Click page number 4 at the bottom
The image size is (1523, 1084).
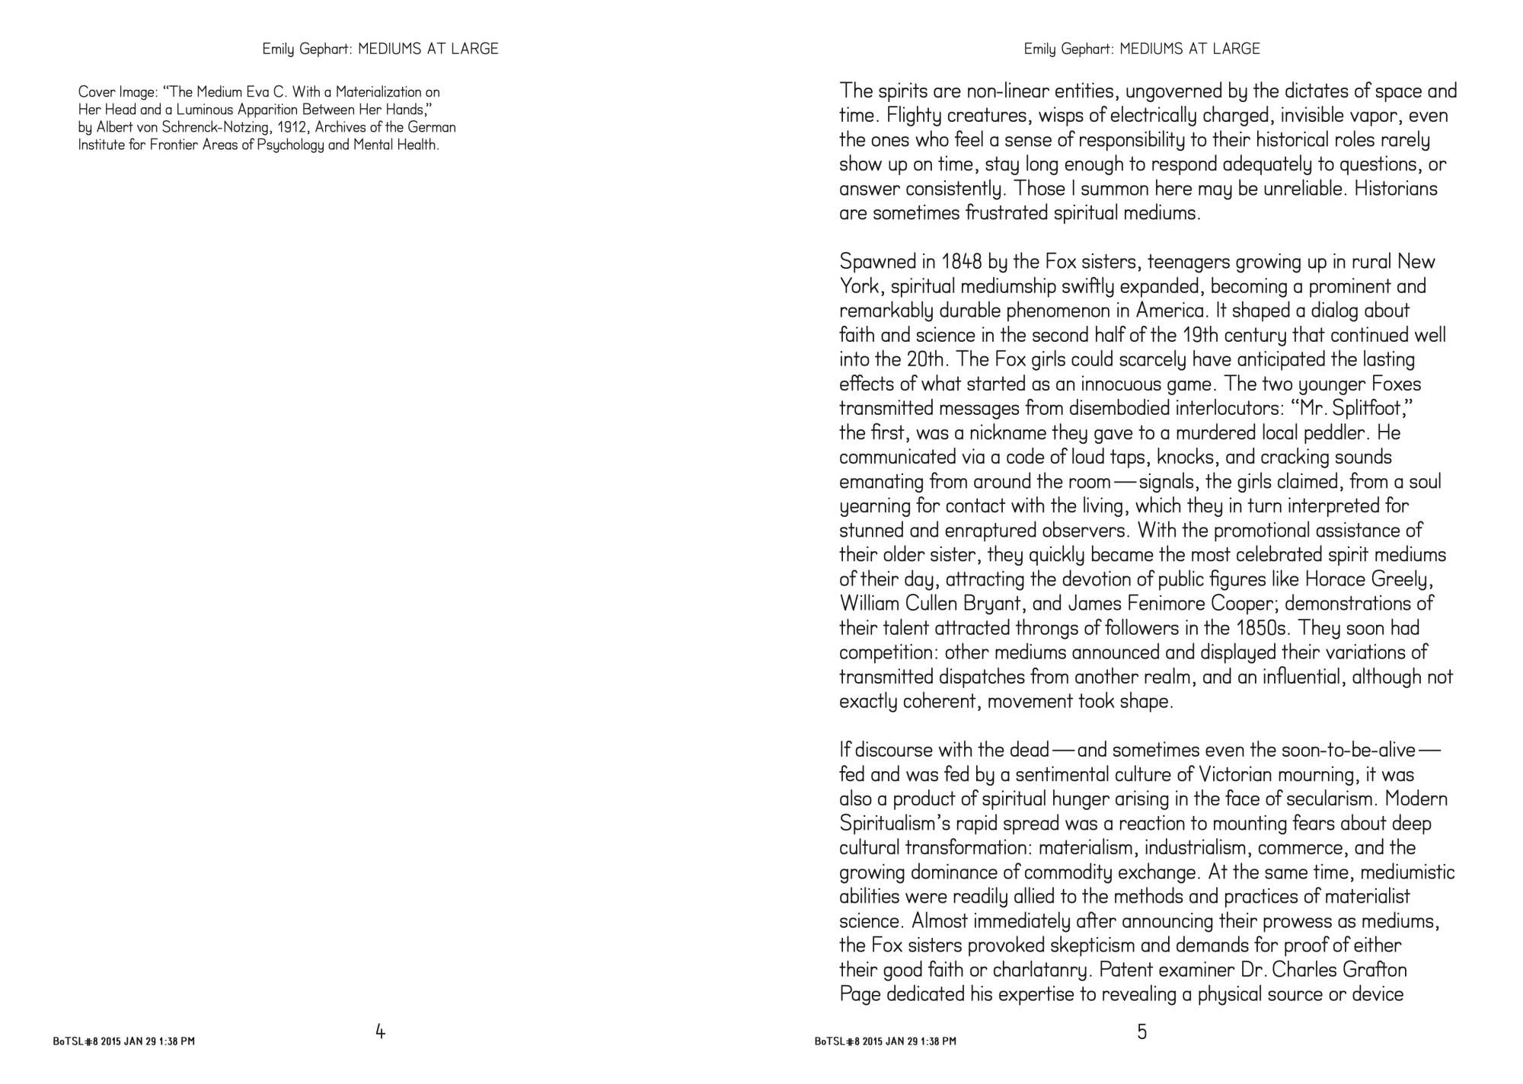coord(381,1032)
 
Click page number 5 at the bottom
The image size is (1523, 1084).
coord(1141,1032)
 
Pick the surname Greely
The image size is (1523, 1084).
coord(1403,579)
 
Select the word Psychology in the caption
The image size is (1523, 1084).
coord(283,145)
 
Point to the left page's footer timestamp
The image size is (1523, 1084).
coord(124,1041)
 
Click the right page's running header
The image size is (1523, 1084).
coord(1141,49)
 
